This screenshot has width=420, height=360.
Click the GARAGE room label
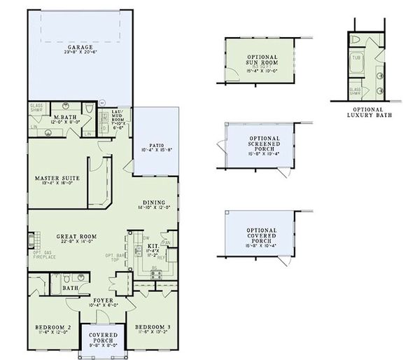pos(80,47)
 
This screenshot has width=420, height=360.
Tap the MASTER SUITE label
pos(57,178)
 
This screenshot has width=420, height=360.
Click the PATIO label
pos(155,144)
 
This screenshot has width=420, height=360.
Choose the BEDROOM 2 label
pos(54,327)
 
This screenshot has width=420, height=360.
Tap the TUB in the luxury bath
pos(356,57)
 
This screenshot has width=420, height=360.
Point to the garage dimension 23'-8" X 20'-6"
pos(80,53)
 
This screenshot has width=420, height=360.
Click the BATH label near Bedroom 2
pos(70,288)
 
